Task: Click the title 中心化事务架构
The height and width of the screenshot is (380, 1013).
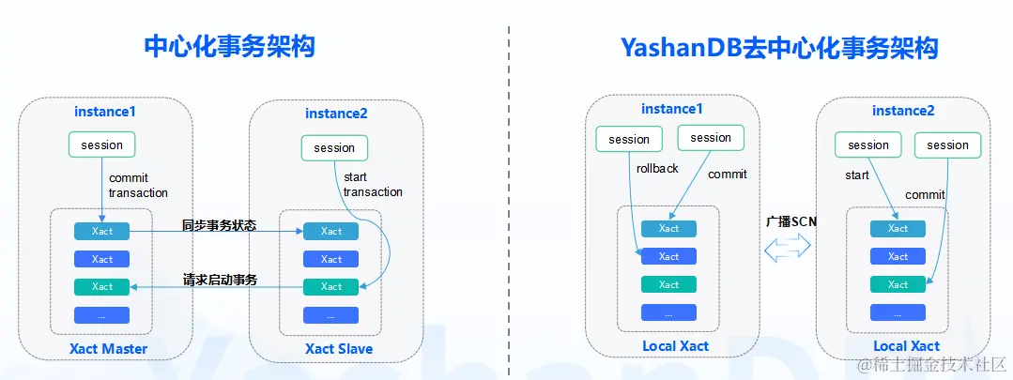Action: click(229, 47)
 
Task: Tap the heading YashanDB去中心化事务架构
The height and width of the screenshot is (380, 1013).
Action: click(779, 47)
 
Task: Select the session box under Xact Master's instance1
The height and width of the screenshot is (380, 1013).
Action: click(102, 144)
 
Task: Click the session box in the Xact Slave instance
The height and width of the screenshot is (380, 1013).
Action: click(334, 147)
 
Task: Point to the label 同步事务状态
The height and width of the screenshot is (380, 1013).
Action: click(219, 225)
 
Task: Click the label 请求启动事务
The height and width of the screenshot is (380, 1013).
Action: click(220, 280)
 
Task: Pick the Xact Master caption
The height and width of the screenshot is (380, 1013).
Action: click(109, 349)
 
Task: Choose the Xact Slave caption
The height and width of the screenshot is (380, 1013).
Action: click(339, 348)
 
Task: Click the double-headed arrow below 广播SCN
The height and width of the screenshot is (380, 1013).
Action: click(787, 247)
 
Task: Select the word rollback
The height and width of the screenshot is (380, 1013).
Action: click(658, 168)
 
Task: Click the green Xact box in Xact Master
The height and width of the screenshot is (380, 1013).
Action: click(102, 286)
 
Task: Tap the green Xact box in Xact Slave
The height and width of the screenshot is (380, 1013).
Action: click(330, 286)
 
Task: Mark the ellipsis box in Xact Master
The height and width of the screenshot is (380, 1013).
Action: click(102, 315)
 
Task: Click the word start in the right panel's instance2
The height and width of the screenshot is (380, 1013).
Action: click(857, 175)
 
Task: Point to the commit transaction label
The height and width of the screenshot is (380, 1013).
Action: click(138, 185)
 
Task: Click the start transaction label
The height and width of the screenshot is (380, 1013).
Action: click(373, 185)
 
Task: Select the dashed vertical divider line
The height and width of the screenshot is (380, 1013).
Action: click(509, 200)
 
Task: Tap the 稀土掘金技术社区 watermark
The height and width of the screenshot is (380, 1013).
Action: click(931, 364)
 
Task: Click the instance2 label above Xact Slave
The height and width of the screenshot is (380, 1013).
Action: click(336, 114)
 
